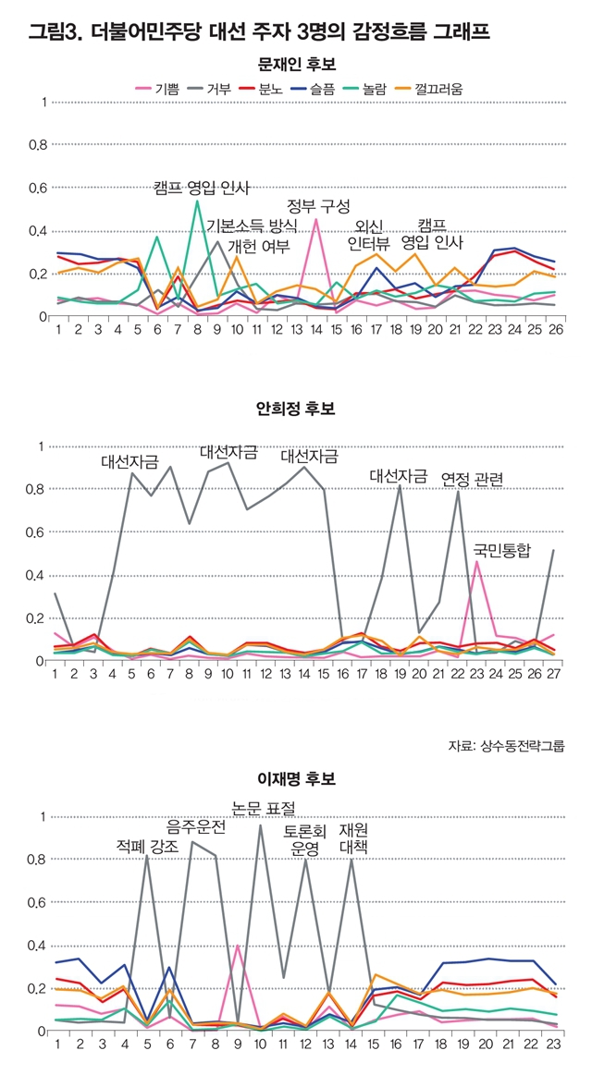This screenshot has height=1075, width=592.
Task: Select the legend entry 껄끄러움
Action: click(431, 88)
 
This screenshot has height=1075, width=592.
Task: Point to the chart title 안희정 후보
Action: click(296, 408)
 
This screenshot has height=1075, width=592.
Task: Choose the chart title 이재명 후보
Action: click(296, 779)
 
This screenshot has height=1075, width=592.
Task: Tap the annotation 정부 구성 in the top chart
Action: click(318, 205)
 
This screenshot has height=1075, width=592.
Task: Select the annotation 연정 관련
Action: click(473, 478)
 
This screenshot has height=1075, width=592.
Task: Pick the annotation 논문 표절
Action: click(263, 808)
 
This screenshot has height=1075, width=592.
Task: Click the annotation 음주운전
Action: click(195, 826)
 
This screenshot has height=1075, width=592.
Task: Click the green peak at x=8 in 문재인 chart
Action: click(197, 201)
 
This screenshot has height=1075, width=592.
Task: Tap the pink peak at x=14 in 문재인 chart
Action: click(316, 219)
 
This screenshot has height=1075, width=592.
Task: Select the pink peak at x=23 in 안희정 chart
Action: click(477, 561)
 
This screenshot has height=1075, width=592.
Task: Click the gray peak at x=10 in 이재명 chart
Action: click(261, 825)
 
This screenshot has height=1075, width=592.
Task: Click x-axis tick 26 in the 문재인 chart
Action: click(554, 329)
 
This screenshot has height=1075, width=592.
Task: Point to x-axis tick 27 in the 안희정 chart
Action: click(554, 674)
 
